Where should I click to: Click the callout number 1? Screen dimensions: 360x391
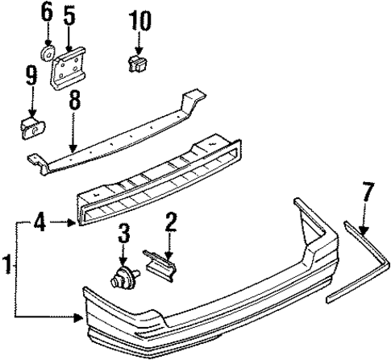click(7, 263)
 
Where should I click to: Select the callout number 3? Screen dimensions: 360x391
click(123, 234)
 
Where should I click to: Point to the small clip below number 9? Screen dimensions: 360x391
click(32, 126)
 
